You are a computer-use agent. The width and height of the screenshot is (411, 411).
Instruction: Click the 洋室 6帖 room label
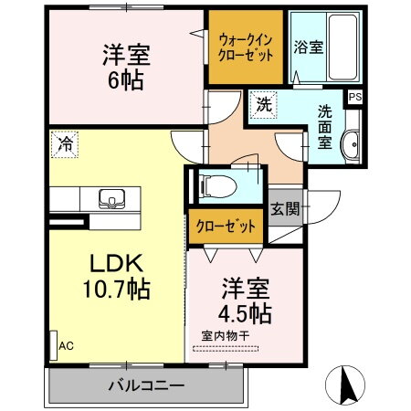tap(126, 67)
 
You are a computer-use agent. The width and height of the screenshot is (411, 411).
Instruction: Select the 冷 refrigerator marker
tap(66, 142)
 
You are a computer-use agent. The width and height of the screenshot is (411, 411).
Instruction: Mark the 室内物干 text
tap(225, 334)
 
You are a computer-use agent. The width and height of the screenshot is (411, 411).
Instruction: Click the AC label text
tap(66, 346)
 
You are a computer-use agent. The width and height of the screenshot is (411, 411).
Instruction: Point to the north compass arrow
tap(350, 380)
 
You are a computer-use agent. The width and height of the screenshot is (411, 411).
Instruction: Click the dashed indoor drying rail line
tap(226, 347)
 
